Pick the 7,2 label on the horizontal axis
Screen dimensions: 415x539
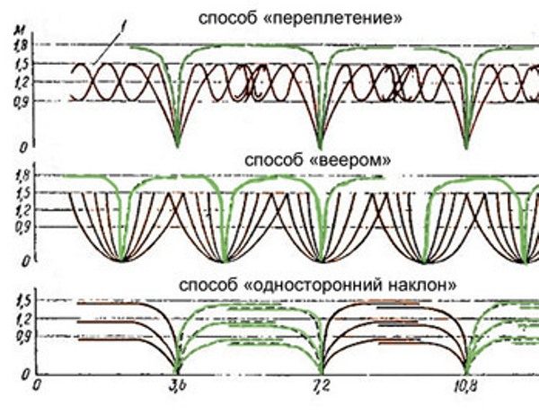[321, 388]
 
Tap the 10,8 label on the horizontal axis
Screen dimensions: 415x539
[464, 388]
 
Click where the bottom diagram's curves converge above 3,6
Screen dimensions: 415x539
[177, 370]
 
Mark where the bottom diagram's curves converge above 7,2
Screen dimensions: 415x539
[321, 370]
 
